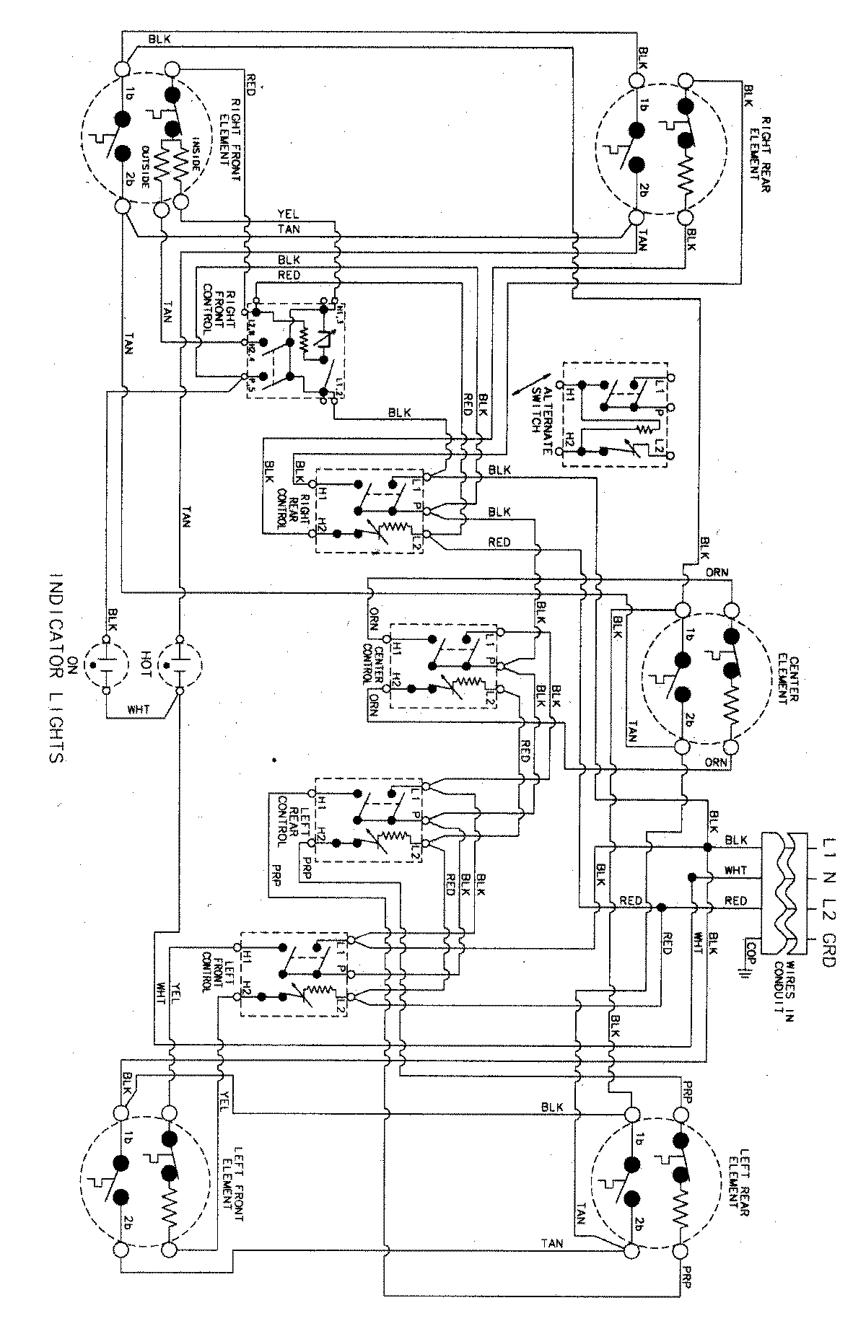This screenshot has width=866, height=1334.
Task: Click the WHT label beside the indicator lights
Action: point(139,710)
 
